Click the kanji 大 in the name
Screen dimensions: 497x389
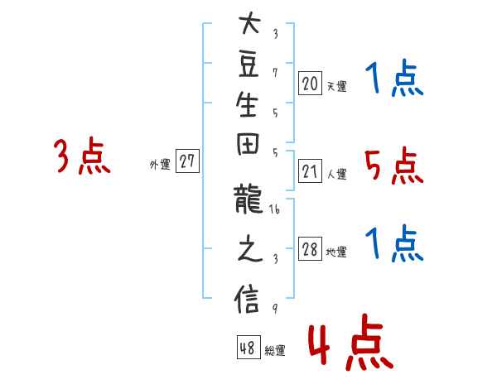click(x=249, y=22)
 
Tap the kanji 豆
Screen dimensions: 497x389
click(x=248, y=65)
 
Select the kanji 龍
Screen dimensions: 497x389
click(x=248, y=199)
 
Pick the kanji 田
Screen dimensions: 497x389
click(x=248, y=144)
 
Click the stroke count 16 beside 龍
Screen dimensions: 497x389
click(x=274, y=209)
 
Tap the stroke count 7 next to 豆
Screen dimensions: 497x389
click(x=275, y=73)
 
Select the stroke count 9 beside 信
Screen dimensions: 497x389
click(x=275, y=309)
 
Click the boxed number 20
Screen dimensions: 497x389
click(x=310, y=84)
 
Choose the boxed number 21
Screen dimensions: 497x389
click(x=310, y=171)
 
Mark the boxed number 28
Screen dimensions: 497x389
click(x=310, y=249)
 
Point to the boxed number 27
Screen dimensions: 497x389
click(x=187, y=161)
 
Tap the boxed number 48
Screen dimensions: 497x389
click(x=248, y=347)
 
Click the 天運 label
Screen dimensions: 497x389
click(x=336, y=86)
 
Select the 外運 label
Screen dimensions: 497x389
click(x=160, y=165)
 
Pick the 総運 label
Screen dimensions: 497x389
click(x=275, y=350)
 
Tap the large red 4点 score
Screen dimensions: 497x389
click(x=351, y=342)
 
